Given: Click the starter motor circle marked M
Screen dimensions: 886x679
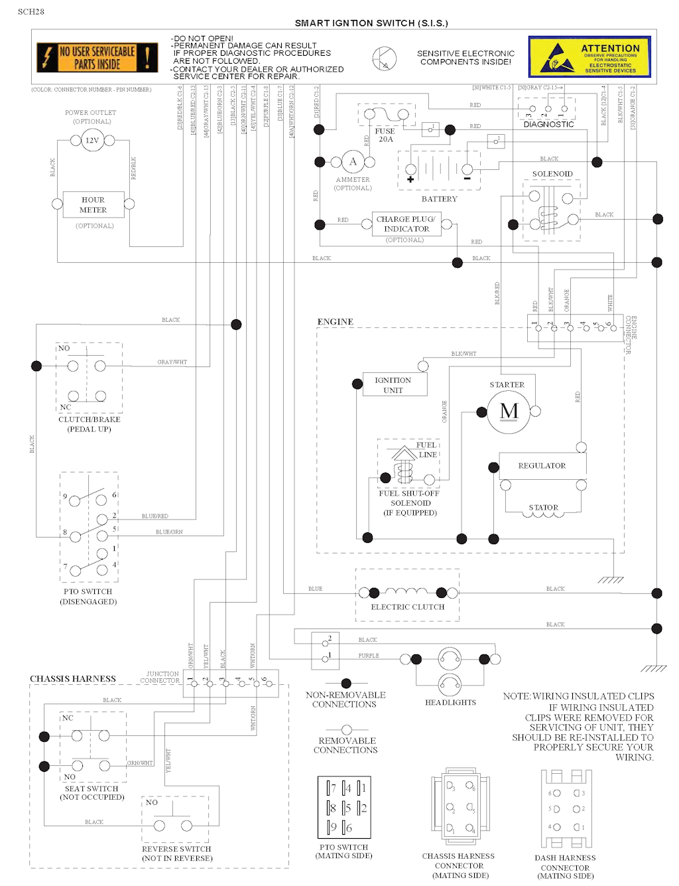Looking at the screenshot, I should pos(509,411).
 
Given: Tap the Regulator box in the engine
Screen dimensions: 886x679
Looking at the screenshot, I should pos(542,466).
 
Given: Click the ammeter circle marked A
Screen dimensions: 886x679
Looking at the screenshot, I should pos(353,161).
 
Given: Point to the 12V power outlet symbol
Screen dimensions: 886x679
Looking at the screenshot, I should pos(92,141).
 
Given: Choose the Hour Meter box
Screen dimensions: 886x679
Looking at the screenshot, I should pos(93,204).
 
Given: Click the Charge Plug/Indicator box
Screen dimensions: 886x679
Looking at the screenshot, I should pos(406,224).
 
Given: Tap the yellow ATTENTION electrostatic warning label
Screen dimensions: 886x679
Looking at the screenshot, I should pos(589,56).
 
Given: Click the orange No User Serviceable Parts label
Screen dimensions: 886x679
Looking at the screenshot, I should pos(97,58).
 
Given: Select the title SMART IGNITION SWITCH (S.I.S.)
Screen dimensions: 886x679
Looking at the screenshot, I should pos(371,23).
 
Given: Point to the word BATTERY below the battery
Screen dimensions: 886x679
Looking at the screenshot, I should pos(440,199).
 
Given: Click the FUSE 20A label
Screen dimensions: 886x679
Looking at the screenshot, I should pos(385,135).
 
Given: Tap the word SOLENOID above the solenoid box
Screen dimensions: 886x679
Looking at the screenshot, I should pos(552,174).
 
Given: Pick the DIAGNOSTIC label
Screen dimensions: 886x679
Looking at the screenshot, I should pos(548,124).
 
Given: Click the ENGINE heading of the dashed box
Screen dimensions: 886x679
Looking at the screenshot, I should pos(335,322).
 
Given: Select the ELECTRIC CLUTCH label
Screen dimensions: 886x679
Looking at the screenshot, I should pos(407,607).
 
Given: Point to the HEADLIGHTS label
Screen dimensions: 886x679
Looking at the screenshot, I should pos(450,702).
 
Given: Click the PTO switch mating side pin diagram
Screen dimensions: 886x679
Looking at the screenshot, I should pos(345,807).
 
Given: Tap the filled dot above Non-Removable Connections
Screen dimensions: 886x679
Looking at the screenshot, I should pos(345,684).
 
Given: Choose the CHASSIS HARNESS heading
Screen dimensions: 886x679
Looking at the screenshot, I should pos(73,679).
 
